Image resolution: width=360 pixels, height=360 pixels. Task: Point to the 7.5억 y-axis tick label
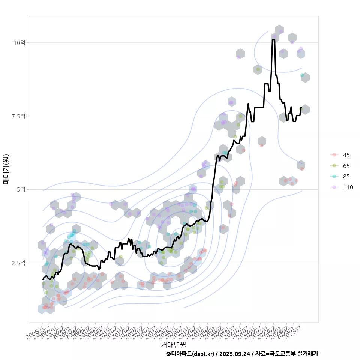[18, 116]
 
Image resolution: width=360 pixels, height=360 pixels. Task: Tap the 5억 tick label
[21, 190]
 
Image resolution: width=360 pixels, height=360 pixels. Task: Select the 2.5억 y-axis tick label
[18, 263]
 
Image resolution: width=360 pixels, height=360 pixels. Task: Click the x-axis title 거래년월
[173, 344]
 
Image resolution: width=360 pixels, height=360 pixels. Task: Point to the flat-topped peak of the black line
[274, 40]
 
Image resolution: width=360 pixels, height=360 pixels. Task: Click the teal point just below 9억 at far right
[302, 75]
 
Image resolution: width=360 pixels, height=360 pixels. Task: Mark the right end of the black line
[301, 108]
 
